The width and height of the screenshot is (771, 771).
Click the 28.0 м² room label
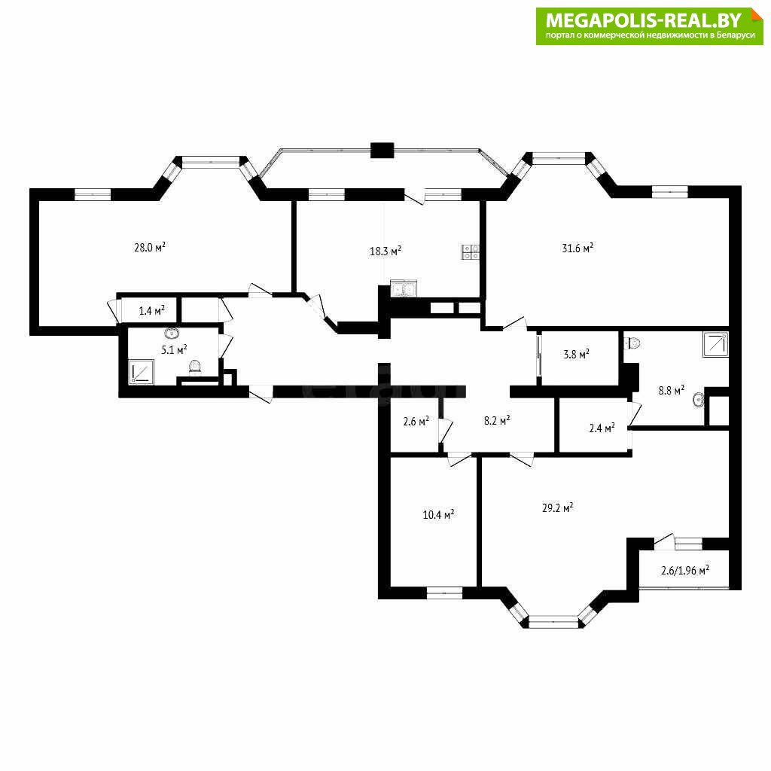(150, 247)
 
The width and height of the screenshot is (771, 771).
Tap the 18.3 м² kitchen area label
(385, 251)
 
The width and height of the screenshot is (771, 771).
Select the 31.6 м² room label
(577, 248)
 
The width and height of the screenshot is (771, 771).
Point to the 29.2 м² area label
(558, 508)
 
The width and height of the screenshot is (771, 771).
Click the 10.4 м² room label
(438, 515)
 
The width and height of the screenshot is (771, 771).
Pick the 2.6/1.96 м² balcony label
(685, 571)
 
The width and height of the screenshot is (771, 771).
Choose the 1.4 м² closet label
(151, 311)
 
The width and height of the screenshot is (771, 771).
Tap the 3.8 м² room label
(576, 354)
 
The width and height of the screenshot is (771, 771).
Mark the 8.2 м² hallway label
(497, 421)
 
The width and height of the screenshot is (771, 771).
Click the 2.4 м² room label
(602, 428)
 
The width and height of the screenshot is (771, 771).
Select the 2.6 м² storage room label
(416, 422)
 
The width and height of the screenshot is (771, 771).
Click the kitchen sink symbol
(404, 288)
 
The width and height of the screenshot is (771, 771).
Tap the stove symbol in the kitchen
(470, 252)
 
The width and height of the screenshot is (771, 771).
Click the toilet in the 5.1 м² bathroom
(195, 367)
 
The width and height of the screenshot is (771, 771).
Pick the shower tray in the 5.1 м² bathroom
(142, 372)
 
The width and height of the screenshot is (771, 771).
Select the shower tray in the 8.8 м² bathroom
(715, 344)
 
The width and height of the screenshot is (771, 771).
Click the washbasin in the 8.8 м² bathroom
(698, 400)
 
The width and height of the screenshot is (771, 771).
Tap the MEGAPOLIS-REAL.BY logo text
(644, 20)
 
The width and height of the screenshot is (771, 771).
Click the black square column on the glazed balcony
(382, 150)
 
